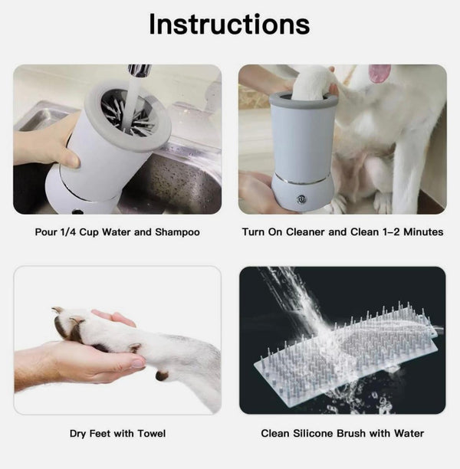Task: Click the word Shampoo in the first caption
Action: (x=177, y=231)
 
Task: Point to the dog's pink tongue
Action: (x=379, y=73)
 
